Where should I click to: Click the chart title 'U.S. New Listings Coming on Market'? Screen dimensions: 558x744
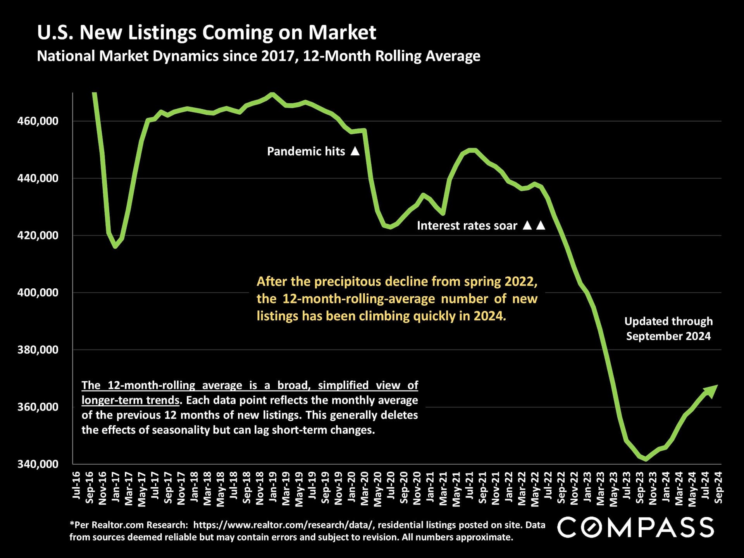[x=207, y=32]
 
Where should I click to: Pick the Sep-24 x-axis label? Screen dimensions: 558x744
[x=718, y=487]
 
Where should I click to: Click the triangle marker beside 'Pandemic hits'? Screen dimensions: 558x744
[x=355, y=151]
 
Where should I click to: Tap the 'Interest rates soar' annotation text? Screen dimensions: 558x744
[x=467, y=226]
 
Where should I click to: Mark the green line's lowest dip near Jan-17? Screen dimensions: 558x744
[x=115, y=246]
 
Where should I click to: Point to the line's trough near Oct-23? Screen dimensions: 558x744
[x=645, y=460]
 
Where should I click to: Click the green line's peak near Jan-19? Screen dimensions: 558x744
[x=272, y=93]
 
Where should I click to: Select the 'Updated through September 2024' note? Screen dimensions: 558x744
[x=668, y=329]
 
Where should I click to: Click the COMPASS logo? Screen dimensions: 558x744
[x=635, y=527]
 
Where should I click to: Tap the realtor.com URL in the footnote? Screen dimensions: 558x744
[x=284, y=525]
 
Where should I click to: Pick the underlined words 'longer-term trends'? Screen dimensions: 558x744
[x=131, y=400]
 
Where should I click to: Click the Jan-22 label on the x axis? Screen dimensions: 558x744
[x=508, y=487]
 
